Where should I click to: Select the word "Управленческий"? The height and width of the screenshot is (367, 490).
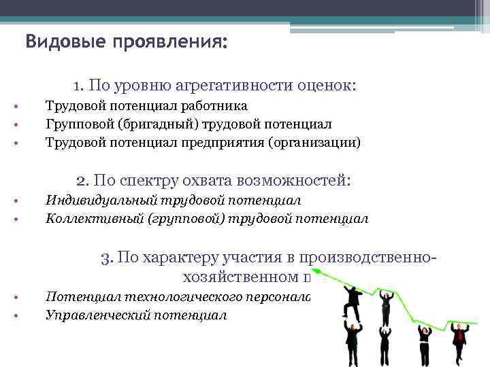(97, 315)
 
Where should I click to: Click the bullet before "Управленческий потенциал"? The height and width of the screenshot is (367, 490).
(16, 315)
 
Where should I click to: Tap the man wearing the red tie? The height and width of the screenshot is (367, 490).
(461, 340)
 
